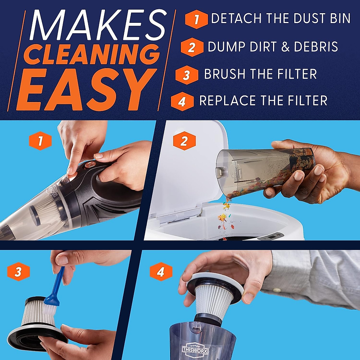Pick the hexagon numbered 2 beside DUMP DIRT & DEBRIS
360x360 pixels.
(x=192, y=47)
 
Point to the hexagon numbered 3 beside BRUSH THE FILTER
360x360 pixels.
(x=187, y=75)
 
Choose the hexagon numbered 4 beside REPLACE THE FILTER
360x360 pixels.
(x=182, y=102)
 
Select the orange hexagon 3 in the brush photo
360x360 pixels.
(x=18, y=272)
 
